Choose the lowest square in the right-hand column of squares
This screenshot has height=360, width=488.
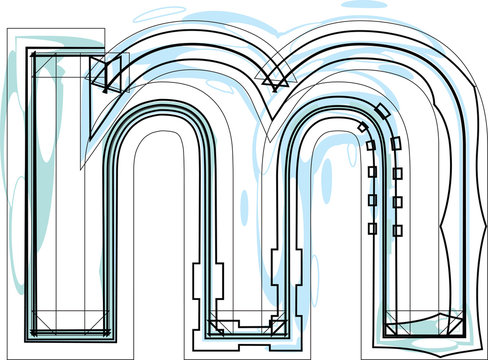397,230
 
